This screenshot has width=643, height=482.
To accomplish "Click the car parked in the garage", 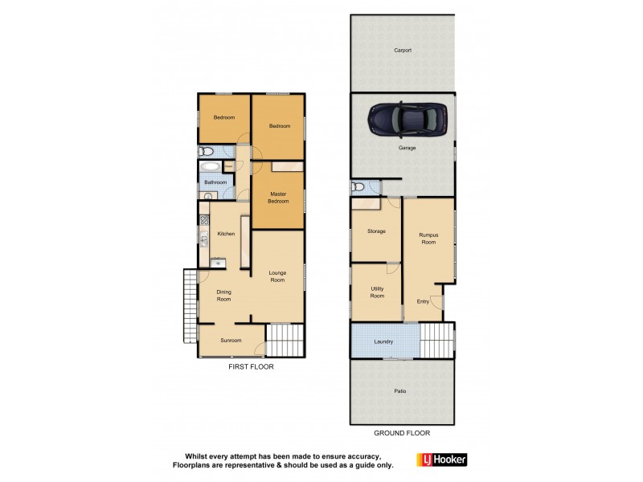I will click(x=409, y=120).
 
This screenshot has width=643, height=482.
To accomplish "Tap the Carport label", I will click(x=403, y=50).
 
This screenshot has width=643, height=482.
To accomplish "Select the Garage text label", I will click(x=408, y=149).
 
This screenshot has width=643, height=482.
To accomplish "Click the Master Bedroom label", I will click(x=279, y=197).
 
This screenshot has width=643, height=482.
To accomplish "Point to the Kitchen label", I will click(x=226, y=234).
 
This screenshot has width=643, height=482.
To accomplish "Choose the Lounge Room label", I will click(x=278, y=277).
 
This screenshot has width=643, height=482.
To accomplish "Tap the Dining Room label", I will click(x=223, y=296).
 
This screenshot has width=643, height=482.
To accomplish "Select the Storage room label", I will click(x=376, y=231).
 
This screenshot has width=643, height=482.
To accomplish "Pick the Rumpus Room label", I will click(x=428, y=239).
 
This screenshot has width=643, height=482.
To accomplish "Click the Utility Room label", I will click(x=376, y=292).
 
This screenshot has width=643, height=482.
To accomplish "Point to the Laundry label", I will click(x=383, y=341).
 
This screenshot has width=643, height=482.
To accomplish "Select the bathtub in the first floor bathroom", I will click(x=211, y=168).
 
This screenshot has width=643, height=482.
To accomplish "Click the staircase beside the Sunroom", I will click(x=283, y=340).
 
